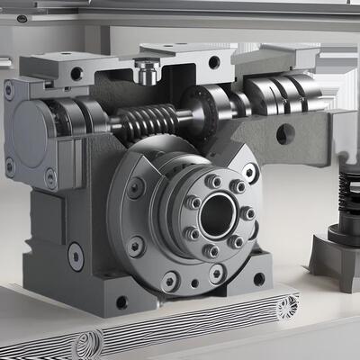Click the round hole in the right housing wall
tap(285, 134)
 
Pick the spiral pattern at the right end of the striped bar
tap(286, 308)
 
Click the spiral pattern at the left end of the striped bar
tap(88, 343)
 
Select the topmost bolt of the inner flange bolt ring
tap(213, 181)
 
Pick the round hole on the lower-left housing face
tap(76, 257)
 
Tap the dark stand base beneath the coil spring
tap(337, 256)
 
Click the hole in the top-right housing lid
tap(214, 62)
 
